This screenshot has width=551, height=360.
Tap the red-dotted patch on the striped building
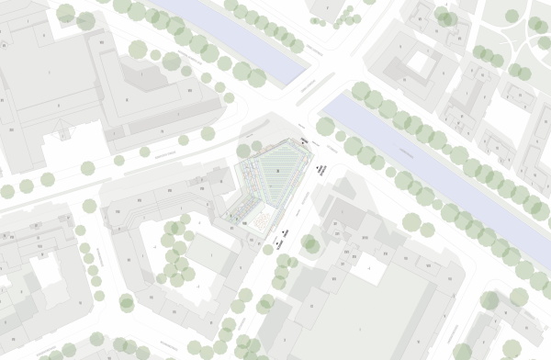(262, 220)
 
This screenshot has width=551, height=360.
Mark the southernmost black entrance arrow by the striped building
(276, 243)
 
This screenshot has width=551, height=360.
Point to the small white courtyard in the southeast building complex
(368, 267)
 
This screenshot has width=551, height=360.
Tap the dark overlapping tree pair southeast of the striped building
(310, 244)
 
